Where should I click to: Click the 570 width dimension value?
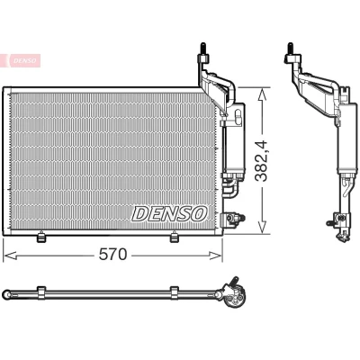coord(112,255)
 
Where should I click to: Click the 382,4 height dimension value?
coord(261,162)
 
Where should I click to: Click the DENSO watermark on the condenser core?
coord(169,213)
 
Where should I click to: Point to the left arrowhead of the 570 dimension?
coord(10,256)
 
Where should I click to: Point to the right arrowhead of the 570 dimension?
coord(215,256)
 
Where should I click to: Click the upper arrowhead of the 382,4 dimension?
coord(262,94)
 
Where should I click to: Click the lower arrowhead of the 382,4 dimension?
coord(262,227)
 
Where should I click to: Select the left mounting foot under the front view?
coord(40,237)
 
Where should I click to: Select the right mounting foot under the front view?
coord(174,237)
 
